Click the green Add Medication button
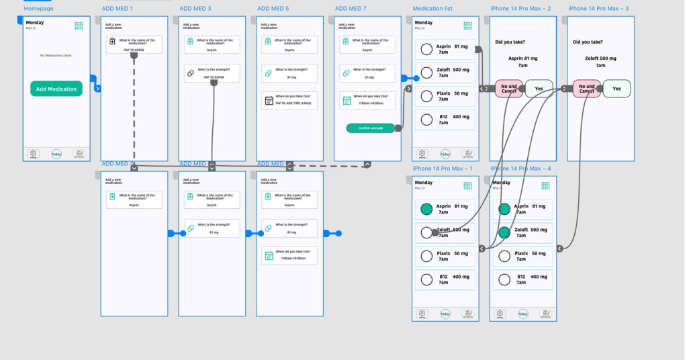point(56,89)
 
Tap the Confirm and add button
point(371,128)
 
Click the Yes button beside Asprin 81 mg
point(539,89)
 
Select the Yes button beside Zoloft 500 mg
point(616,89)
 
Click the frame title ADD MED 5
point(273,9)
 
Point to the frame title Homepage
point(39,9)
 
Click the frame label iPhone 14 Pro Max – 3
point(598,9)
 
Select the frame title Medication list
point(432,9)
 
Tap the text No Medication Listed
point(56,56)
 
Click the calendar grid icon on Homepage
point(79,26)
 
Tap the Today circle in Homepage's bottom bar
point(56,154)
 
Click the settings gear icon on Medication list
point(422,154)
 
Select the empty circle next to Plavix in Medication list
point(426,96)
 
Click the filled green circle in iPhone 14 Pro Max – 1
point(426,210)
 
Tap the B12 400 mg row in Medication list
point(445,120)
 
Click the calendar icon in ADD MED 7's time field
point(347,101)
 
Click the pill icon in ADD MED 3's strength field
point(191,72)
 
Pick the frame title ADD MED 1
point(117,9)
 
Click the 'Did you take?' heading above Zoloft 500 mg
point(586,42)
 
